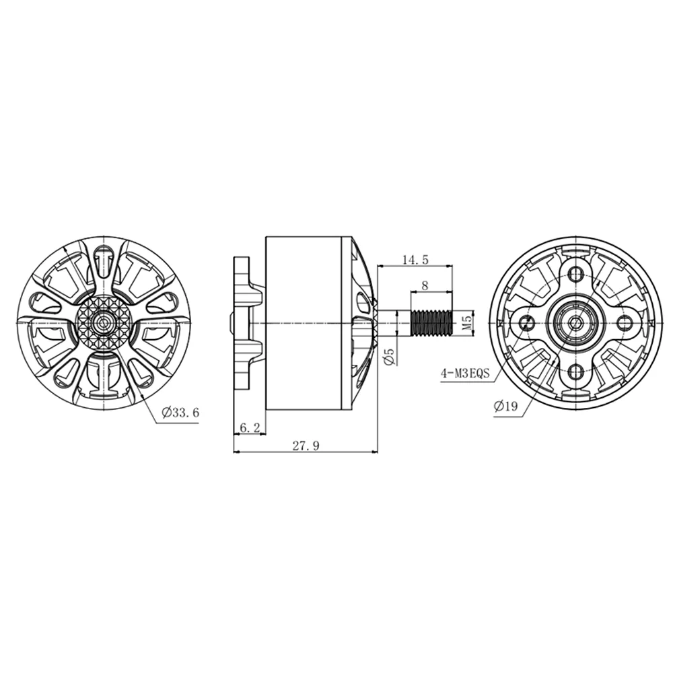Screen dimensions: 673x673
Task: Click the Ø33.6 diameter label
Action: click(x=180, y=413)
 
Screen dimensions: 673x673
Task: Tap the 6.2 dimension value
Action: click(x=250, y=427)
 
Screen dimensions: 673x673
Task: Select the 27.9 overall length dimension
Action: click(x=306, y=446)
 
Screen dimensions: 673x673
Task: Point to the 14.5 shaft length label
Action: click(x=415, y=259)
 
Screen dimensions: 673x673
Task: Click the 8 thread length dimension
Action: click(x=425, y=285)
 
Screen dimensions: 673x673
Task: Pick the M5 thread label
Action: click(x=468, y=322)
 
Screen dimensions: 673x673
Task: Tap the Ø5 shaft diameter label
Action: click(x=389, y=357)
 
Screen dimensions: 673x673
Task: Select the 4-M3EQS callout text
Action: click(x=465, y=373)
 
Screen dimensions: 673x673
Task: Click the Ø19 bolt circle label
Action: click(x=505, y=406)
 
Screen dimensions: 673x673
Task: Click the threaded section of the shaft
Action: click(x=431, y=322)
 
